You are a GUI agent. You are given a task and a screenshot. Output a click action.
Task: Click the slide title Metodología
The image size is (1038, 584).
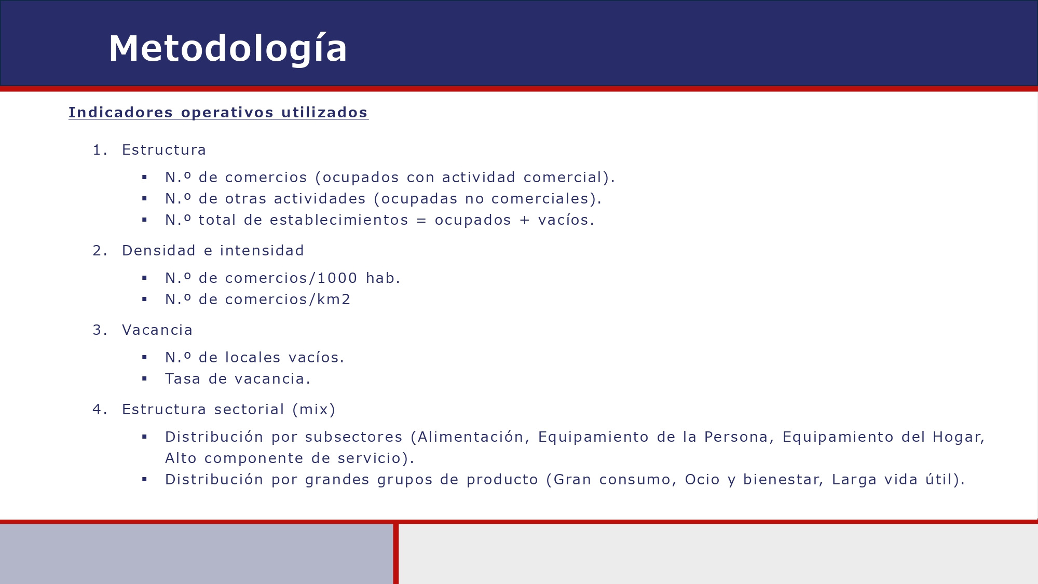[228, 49]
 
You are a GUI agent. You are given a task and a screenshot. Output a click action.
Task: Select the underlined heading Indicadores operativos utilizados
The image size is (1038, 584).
[218, 113]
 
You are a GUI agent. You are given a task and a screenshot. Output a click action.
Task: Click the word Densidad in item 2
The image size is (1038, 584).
[159, 251]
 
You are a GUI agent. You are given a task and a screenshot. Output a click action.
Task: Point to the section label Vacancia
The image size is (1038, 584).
[157, 330]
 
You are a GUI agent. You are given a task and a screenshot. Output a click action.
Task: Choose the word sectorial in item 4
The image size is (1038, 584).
[249, 410]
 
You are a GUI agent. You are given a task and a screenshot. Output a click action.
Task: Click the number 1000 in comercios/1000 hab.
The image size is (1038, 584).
[337, 278]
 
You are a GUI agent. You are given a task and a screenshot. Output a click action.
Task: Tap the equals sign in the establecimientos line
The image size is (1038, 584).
[421, 221]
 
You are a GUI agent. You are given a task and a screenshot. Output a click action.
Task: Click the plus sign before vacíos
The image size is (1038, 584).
[525, 221]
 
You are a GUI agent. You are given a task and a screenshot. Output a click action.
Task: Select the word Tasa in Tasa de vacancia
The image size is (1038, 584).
[183, 379]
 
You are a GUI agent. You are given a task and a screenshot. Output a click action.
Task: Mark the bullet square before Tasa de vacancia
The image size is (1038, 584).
[145, 379]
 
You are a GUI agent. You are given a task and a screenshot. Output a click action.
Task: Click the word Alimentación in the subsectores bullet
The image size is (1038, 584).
[470, 437]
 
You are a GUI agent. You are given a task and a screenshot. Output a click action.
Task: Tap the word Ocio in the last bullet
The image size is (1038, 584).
[702, 480]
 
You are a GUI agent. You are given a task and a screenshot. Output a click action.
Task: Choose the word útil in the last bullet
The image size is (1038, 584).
[938, 480]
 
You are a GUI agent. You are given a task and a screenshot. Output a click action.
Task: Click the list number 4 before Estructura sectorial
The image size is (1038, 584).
[97, 410]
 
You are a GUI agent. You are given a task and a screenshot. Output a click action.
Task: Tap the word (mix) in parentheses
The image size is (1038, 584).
[314, 410]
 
